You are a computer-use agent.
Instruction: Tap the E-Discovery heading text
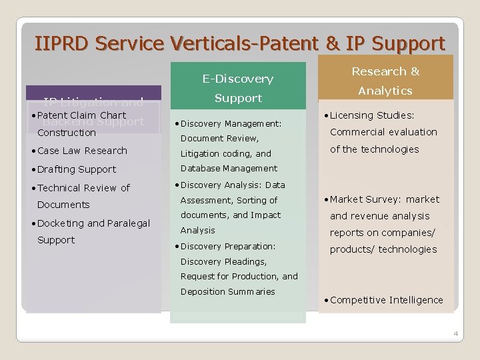pos(238,79)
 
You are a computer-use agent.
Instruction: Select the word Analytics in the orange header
pos(385,91)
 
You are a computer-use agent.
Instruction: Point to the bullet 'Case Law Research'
pos(83,151)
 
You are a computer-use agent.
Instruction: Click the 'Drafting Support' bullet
pos(77,169)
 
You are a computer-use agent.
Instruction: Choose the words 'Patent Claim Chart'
pos(82,115)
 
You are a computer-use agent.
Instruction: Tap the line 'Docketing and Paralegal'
pos(94,223)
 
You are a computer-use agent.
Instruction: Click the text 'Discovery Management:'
pos(231,123)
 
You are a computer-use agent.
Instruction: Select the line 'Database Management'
pos(229,169)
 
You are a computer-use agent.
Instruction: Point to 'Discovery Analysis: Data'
pos(233,185)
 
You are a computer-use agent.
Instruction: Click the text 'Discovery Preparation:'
pos(228,246)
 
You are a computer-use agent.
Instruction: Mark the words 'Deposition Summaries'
pos(227,292)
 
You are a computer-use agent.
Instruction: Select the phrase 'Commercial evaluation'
pos(383,132)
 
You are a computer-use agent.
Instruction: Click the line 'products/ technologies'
pos(383,249)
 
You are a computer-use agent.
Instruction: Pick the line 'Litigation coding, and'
pos(226,153)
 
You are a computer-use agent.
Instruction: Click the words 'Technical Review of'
pos(84,188)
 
